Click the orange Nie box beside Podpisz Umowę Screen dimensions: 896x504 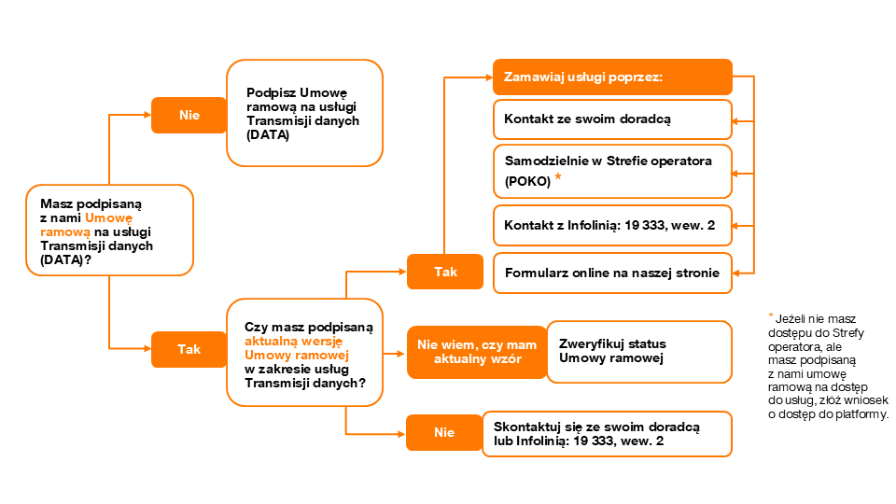tap(189, 115)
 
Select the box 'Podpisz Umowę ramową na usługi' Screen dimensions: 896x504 tap(304, 113)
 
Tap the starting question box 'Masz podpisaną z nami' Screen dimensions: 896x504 tap(110, 231)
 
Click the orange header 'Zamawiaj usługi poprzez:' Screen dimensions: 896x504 tap(612, 77)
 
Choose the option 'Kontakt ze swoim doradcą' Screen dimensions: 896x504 tap(612, 119)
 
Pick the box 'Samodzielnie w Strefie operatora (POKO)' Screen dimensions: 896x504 tap(612, 172)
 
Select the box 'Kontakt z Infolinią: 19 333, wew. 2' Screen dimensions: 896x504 tap(612, 226)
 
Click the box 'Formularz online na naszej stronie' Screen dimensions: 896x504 tap(612, 273)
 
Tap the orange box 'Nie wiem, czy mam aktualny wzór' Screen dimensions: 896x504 tap(477, 352)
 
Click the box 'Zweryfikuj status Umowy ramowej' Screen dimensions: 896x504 tap(639, 352)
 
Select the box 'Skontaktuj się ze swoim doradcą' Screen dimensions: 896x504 tap(607, 434)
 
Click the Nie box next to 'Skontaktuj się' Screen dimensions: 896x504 tap(444, 432)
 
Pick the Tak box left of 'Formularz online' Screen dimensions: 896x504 tap(445, 272)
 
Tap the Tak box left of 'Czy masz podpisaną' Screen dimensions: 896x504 tap(189, 349)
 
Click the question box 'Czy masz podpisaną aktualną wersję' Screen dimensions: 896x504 tap(304, 353)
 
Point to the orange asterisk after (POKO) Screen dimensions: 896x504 tap(558, 176)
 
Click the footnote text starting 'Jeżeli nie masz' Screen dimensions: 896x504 tap(828, 366)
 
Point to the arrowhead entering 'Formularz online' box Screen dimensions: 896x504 tap(736, 273)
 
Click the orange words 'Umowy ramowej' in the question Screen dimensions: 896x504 tap(297, 355)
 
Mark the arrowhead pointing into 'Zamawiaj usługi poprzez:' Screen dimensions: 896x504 tap(489, 77)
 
